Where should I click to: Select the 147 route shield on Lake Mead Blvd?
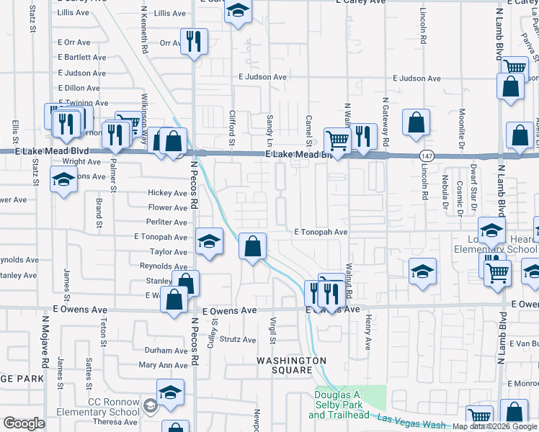(x=427, y=156)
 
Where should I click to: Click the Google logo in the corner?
(x=24, y=423)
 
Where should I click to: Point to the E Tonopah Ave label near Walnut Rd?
(x=321, y=233)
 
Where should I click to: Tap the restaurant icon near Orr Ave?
(x=193, y=41)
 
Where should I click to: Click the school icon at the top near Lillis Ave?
(x=237, y=12)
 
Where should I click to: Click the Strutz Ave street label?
(x=238, y=339)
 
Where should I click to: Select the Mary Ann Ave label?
(x=163, y=365)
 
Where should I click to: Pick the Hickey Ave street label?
(x=167, y=193)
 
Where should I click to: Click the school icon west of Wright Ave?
(x=63, y=179)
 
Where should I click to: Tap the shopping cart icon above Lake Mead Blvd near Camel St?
(x=337, y=139)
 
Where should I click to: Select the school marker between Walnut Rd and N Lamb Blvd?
(x=422, y=271)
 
